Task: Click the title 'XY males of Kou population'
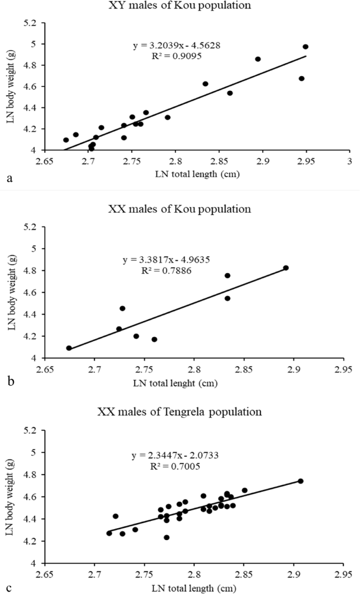click(179, 5)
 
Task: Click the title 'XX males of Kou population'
click(179, 209)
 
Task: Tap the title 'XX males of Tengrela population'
click(179, 412)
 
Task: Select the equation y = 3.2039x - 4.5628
click(177, 46)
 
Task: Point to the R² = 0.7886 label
click(166, 271)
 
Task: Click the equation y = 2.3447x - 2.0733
click(175, 456)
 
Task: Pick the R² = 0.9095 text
click(177, 56)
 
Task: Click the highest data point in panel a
click(306, 47)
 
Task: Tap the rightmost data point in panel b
click(286, 268)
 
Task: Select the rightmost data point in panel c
click(300, 481)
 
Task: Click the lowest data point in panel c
click(167, 537)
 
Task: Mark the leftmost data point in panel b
click(69, 348)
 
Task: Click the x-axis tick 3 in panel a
click(350, 161)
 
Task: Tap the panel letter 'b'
click(11, 381)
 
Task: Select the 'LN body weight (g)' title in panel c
click(11, 496)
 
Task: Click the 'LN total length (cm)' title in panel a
click(197, 174)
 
